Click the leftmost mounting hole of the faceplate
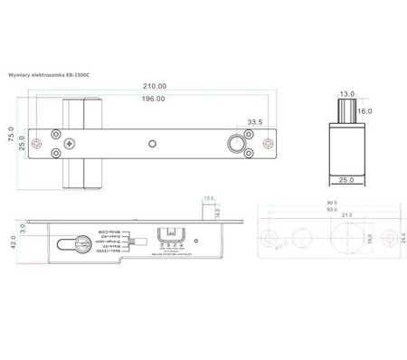coord(36,144)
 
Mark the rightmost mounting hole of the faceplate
coord(267,144)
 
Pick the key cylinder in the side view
coord(71,242)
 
